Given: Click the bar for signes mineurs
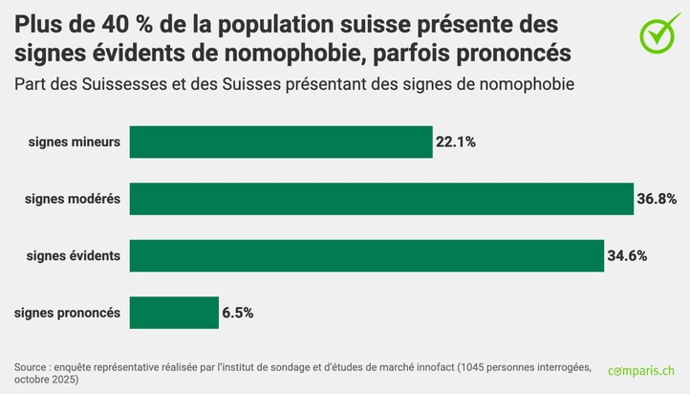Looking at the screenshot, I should (280, 142).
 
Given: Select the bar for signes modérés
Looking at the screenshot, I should (381, 199).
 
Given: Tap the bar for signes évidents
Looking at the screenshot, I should (366, 255).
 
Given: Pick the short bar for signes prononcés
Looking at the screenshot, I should (174, 313).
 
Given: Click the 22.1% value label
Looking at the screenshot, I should (455, 142).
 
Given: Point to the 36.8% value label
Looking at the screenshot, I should (657, 199).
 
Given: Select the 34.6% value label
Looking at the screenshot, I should (627, 255).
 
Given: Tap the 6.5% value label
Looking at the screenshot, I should (237, 313).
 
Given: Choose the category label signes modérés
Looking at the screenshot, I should (73, 199).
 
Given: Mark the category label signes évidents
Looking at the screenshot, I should (74, 255).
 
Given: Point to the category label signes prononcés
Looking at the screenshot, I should (67, 313).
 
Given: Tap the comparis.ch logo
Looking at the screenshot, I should (641, 371).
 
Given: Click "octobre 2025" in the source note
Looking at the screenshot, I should (46, 380).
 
